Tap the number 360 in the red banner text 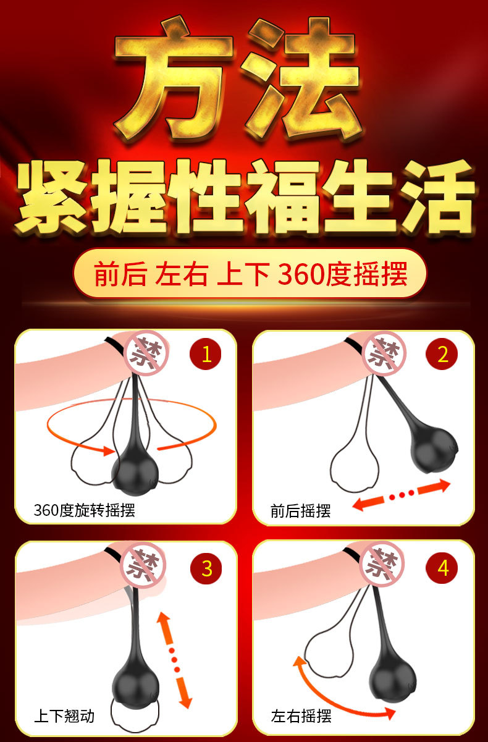click(301, 274)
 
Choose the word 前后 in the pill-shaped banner click(120, 274)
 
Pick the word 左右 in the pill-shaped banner click(181, 274)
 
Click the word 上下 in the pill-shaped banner click(243, 274)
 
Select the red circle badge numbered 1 click(206, 354)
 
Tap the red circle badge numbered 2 click(442, 354)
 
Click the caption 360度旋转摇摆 click(85, 510)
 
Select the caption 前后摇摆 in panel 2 click(300, 511)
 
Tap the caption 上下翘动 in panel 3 click(64, 716)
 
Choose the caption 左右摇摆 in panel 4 click(301, 716)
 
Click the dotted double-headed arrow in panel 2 click(402, 494)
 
